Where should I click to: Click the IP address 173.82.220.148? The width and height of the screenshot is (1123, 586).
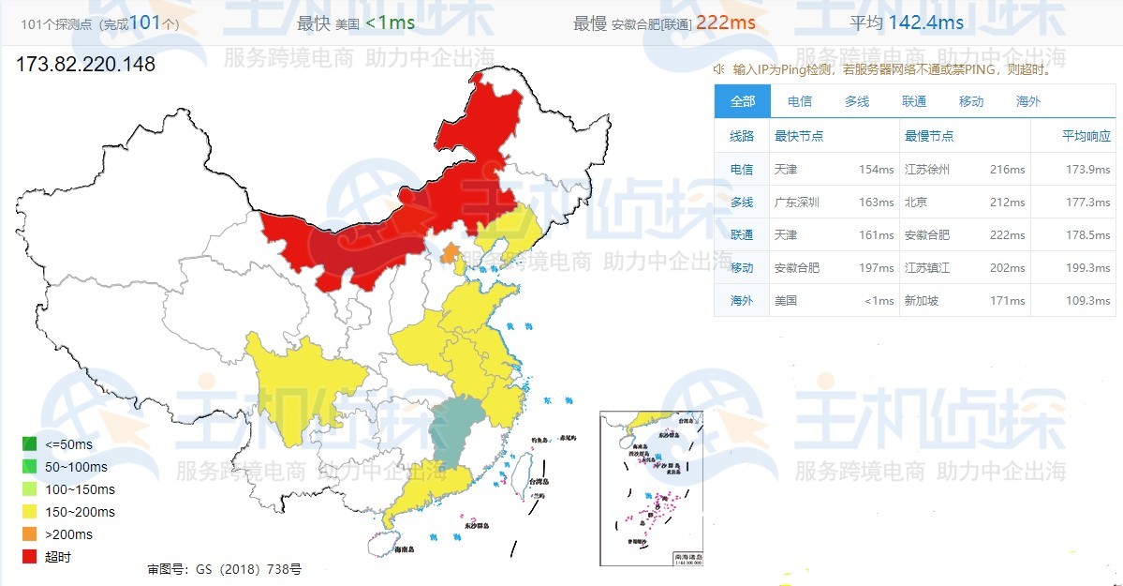[x=86, y=65]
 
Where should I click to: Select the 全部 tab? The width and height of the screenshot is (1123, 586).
[x=742, y=101]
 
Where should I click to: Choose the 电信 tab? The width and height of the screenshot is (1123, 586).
[x=799, y=101]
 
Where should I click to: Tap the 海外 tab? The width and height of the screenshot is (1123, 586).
[x=1027, y=101]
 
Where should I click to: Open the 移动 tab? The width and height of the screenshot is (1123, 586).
[x=970, y=101]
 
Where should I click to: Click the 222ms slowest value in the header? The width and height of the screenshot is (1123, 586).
[x=725, y=23]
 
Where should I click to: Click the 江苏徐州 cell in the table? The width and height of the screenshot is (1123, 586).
[x=927, y=170]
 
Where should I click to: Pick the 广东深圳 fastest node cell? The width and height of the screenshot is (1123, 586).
[x=797, y=202]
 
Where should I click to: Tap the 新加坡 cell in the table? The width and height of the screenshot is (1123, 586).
[x=921, y=300]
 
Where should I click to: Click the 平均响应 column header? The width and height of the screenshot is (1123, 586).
[x=1086, y=136]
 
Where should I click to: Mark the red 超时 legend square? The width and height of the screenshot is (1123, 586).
[x=30, y=557]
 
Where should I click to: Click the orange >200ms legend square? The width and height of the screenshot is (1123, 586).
[x=30, y=534]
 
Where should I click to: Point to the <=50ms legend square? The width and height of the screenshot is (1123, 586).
[x=30, y=444]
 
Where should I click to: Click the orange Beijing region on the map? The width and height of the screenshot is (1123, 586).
[x=451, y=252]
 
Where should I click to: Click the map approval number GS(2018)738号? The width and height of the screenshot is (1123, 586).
[x=225, y=569]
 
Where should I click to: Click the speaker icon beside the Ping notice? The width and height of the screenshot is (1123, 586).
[x=719, y=69]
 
